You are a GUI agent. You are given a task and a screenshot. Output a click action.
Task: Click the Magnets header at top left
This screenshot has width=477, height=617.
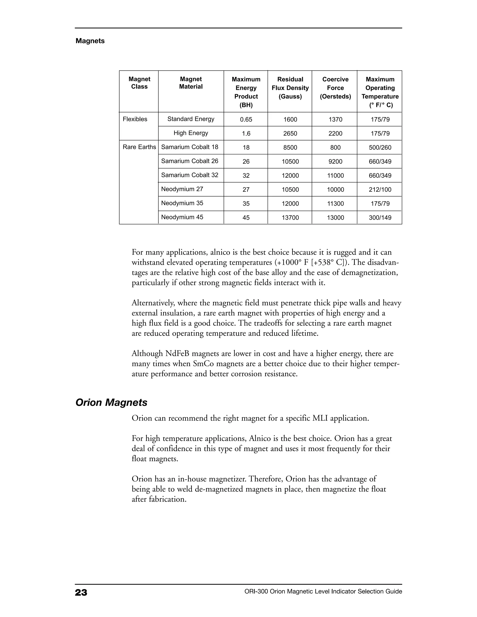(x=90, y=41)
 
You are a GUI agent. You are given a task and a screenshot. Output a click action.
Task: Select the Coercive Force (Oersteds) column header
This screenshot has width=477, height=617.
(x=335, y=88)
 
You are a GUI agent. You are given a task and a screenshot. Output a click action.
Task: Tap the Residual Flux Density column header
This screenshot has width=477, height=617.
(x=290, y=88)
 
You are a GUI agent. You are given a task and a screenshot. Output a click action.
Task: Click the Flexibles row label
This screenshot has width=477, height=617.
(x=135, y=119)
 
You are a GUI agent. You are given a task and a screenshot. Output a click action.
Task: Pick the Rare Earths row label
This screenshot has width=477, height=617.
(x=139, y=147)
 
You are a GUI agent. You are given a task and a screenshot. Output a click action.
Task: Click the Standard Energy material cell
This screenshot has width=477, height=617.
(x=191, y=119)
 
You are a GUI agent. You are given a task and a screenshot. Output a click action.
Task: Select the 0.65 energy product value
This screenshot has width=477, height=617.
(x=246, y=119)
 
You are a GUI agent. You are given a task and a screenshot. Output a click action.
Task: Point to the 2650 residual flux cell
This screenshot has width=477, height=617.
(x=290, y=134)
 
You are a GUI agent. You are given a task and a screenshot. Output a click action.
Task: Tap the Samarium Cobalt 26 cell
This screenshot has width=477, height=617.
(x=190, y=161)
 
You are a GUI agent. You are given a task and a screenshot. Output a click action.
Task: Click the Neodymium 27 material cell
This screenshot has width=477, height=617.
(x=182, y=189)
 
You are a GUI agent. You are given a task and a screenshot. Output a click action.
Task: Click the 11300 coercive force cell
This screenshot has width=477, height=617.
(x=335, y=204)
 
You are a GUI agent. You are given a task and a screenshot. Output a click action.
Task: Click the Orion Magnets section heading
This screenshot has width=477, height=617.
(x=111, y=403)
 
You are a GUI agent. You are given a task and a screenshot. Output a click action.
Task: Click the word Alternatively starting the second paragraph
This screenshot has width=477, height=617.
(x=154, y=303)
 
